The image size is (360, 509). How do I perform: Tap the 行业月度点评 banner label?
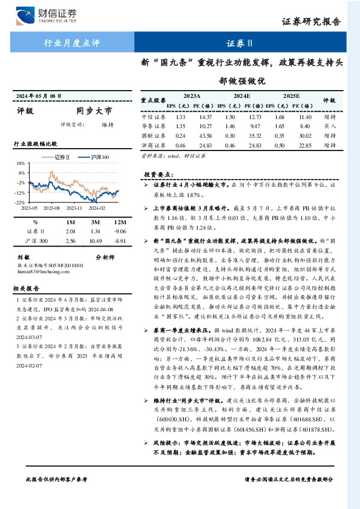pyautogui.click(x=72, y=43)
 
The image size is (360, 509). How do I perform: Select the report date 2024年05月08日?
pyautogui.click(x=39, y=96)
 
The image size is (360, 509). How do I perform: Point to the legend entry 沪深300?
pyautogui.click(x=98, y=157)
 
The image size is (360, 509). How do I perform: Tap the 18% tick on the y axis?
pyautogui.click(x=21, y=163)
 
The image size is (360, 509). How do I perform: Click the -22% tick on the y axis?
pyautogui.click(x=21, y=202)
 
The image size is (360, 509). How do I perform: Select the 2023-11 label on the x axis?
pyautogui.click(x=75, y=207)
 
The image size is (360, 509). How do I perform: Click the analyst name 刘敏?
pyautogui.click(x=23, y=256)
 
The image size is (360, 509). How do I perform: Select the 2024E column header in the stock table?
pyautogui.click(x=241, y=96)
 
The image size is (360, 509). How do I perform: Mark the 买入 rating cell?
pyautogui.click(x=329, y=126)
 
